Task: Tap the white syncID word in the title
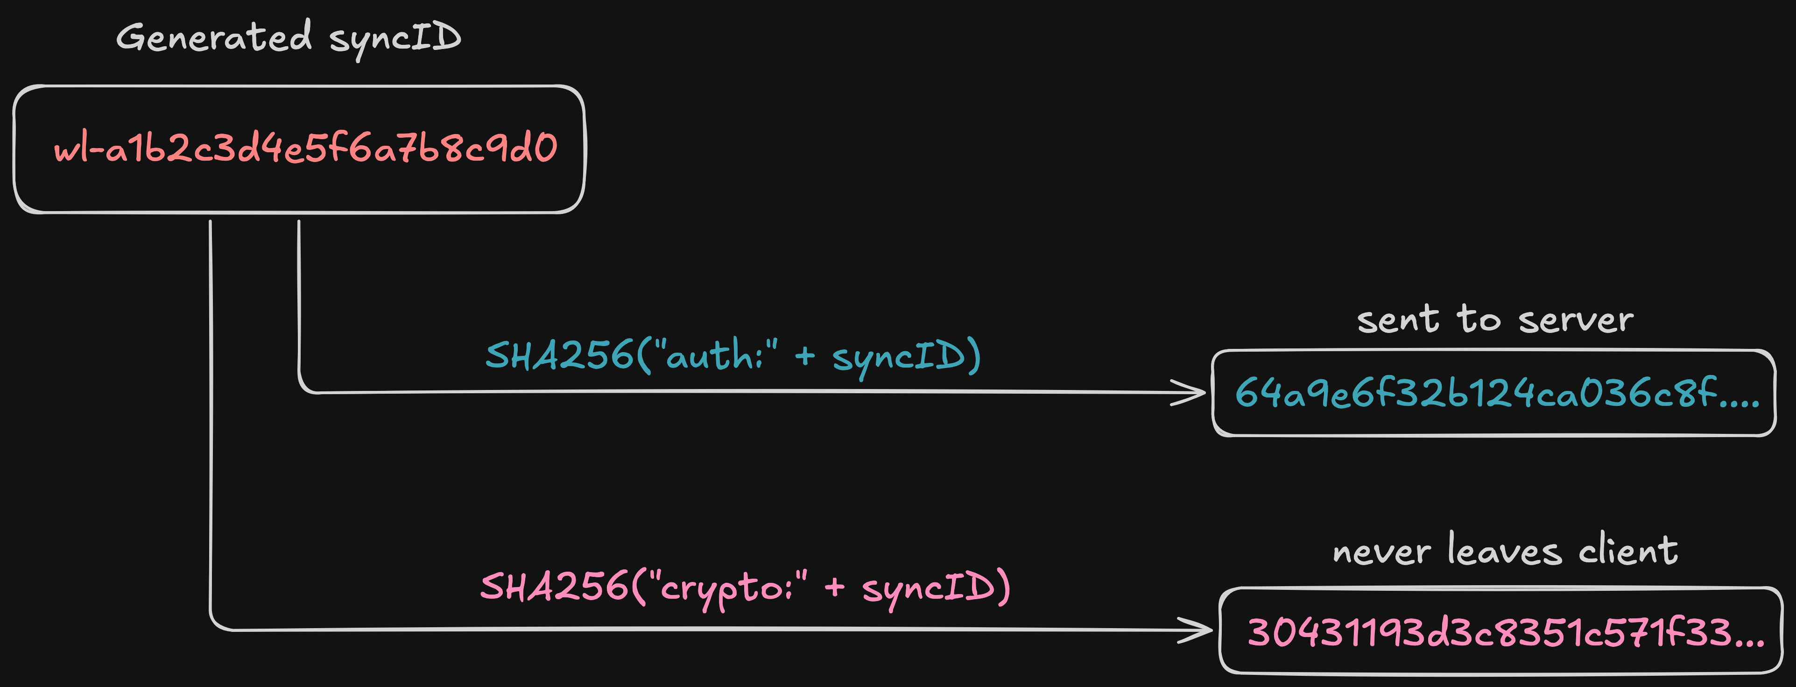point(394,38)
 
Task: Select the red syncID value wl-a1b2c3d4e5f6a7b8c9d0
point(305,148)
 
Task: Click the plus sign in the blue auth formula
point(804,356)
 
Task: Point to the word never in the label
point(1381,552)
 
